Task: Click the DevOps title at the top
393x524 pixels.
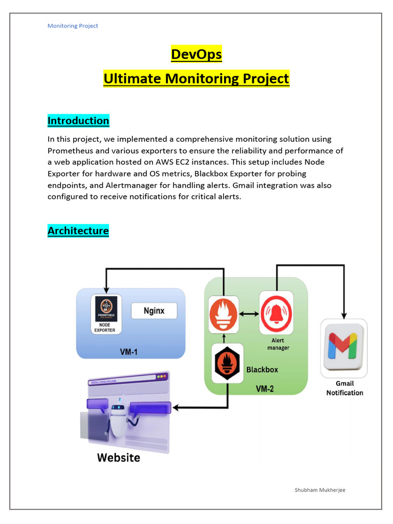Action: [x=196, y=54]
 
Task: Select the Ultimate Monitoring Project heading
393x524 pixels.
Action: [x=196, y=79]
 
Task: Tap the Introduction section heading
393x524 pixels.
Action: [x=78, y=121]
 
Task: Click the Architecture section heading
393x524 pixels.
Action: [x=78, y=231]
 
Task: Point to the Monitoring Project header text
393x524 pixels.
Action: [x=73, y=26]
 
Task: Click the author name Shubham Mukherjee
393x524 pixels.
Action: [x=320, y=490]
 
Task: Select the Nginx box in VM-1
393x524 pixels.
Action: [x=154, y=311]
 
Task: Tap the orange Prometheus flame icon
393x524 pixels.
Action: [x=224, y=313]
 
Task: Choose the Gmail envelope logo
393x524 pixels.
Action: [x=343, y=348]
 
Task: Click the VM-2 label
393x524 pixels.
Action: [x=265, y=389]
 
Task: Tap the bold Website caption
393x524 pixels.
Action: [x=119, y=457]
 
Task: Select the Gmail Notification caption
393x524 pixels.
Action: [x=344, y=388]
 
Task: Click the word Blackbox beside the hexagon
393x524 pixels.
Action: [x=263, y=369]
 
